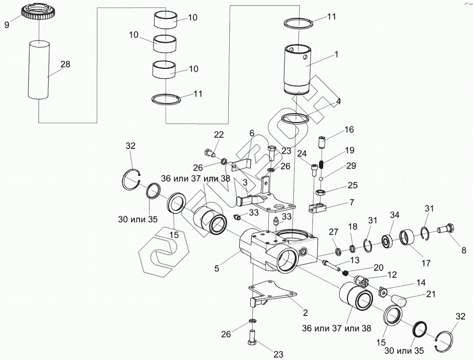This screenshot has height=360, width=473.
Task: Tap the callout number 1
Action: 337,55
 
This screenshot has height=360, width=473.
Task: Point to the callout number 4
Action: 338,101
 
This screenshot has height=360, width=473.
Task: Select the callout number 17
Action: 426,263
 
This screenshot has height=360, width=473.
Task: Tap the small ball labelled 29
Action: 321,179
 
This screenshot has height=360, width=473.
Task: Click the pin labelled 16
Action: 322,142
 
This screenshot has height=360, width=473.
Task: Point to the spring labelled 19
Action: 322,165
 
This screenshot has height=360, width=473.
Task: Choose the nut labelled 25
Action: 320,192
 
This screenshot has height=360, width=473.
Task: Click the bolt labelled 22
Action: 210,153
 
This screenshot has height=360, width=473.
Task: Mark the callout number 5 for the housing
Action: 216,268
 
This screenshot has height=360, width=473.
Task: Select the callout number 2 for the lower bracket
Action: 305,313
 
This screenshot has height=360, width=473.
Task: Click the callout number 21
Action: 431,294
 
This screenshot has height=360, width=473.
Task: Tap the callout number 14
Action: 421,282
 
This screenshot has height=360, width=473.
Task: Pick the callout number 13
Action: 355,260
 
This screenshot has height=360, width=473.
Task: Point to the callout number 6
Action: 252,133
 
